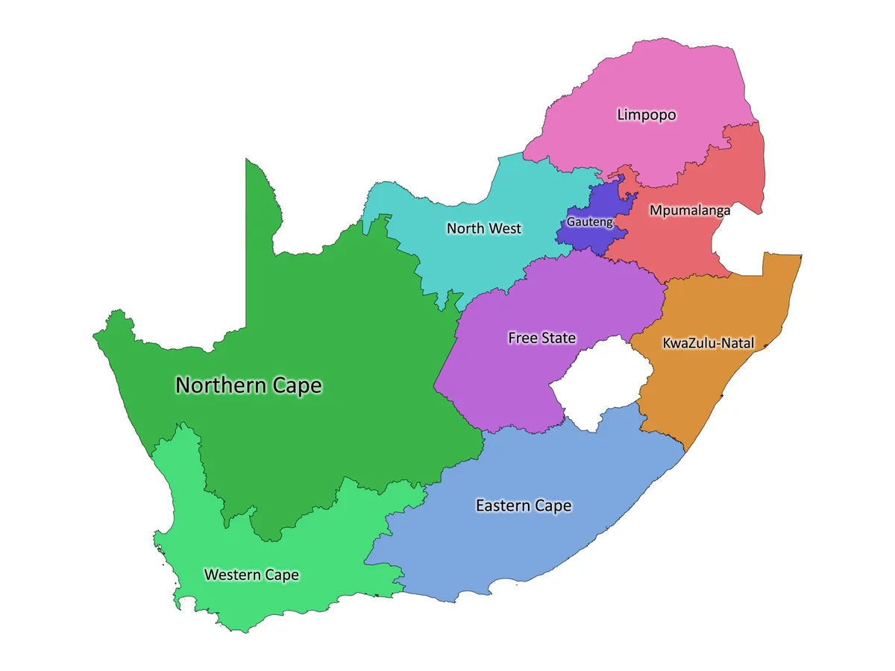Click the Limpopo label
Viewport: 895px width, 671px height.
(x=646, y=115)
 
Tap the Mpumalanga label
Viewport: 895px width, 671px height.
(x=690, y=210)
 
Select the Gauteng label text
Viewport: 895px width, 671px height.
(x=589, y=222)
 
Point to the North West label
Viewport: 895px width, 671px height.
(x=484, y=228)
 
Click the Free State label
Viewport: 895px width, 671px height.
(x=542, y=338)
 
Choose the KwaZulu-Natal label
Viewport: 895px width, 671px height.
(x=708, y=344)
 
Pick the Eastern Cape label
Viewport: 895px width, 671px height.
(x=524, y=505)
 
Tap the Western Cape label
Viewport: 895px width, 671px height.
(x=251, y=575)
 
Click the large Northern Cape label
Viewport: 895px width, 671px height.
(x=248, y=385)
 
